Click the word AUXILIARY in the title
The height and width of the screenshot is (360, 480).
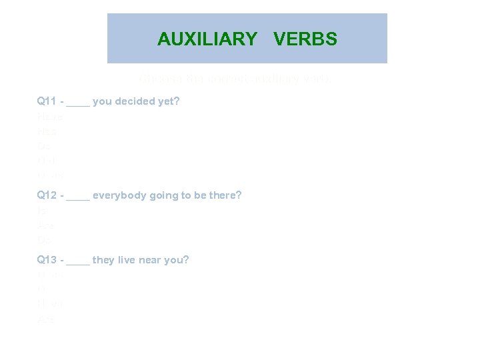(207, 39)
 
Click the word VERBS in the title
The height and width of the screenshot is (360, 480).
(305, 39)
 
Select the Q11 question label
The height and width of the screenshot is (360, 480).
(47, 102)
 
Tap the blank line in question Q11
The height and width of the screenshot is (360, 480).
(78, 105)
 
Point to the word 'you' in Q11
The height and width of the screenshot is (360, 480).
(102, 102)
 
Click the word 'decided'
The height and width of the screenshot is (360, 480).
(133, 102)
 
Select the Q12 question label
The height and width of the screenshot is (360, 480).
(47, 195)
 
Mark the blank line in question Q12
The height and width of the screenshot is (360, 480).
(78, 198)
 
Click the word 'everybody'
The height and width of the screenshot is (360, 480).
(116, 195)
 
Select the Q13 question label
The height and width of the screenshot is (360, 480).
(47, 260)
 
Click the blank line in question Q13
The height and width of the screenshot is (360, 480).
(78, 263)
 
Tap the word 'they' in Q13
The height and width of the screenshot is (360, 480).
(103, 260)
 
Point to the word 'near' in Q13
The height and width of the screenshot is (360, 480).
(152, 260)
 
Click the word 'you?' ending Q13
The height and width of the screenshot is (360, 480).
(178, 260)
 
